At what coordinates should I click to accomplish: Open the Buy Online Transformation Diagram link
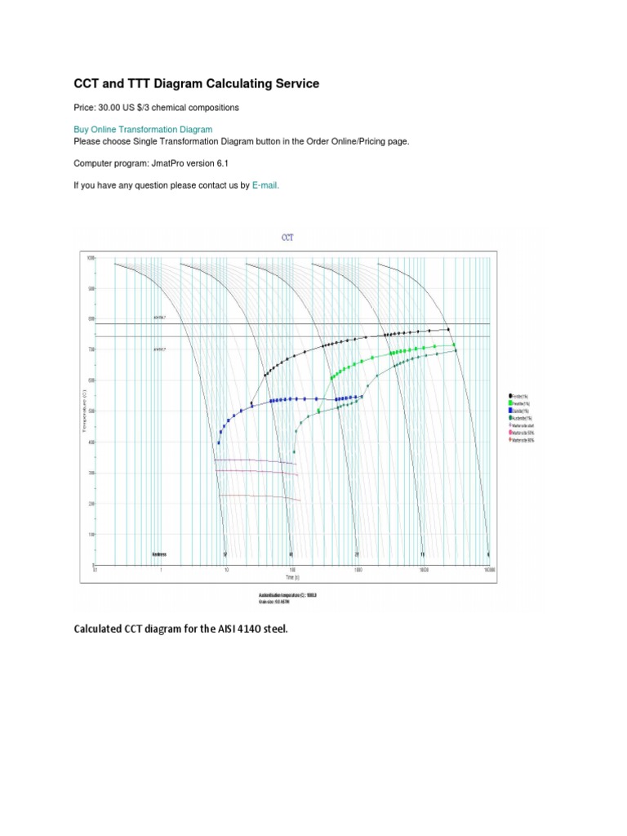tap(143, 129)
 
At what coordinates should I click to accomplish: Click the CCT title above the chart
tap(287, 238)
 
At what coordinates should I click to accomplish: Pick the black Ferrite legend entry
tap(519, 396)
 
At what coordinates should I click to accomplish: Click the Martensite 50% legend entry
tap(523, 433)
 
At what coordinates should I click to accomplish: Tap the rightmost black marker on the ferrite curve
tap(448, 329)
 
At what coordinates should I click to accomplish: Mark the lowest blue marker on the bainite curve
tap(219, 443)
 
